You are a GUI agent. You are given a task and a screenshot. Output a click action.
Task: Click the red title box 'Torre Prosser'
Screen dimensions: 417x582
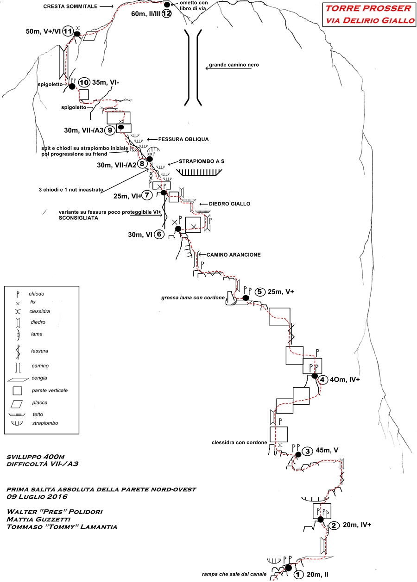pos(369,14)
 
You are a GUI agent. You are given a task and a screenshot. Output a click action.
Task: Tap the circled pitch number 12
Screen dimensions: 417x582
pos(166,13)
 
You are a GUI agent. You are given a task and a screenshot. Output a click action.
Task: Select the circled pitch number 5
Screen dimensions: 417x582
pos(259,292)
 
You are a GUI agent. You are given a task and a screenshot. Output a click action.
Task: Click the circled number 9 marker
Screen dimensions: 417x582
pos(110,130)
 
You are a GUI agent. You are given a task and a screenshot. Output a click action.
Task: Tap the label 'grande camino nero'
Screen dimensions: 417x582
pos(234,65)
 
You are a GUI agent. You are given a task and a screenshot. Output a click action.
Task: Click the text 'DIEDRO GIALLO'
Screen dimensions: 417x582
pos(229,204)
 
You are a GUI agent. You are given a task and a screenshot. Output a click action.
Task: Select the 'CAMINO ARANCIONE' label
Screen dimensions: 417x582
pos(234,254)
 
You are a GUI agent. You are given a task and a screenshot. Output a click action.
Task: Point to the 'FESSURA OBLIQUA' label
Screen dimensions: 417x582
pos(183,139)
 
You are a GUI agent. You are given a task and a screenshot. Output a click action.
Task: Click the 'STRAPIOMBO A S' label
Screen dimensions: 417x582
pos(202,161)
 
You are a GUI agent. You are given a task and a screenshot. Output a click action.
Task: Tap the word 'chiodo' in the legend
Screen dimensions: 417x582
pos(37,294)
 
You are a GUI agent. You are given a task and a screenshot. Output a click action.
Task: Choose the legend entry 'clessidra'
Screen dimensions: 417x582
pos(39,311)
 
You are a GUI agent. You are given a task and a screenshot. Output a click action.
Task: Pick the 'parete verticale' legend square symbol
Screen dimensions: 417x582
pos(18,390)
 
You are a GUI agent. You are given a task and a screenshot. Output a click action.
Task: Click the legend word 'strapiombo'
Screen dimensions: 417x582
pos(45,423)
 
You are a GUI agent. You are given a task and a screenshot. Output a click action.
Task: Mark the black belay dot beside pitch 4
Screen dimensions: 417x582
pos(315,376)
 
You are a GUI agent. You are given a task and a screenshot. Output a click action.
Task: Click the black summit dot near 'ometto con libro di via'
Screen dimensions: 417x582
pos(167,5)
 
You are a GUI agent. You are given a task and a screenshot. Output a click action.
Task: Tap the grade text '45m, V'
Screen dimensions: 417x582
pos(327,450)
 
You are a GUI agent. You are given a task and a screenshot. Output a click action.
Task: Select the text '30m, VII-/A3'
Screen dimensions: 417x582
pos(84,130)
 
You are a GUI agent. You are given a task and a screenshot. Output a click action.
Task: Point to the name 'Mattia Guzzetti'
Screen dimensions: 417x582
pos(38,519)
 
